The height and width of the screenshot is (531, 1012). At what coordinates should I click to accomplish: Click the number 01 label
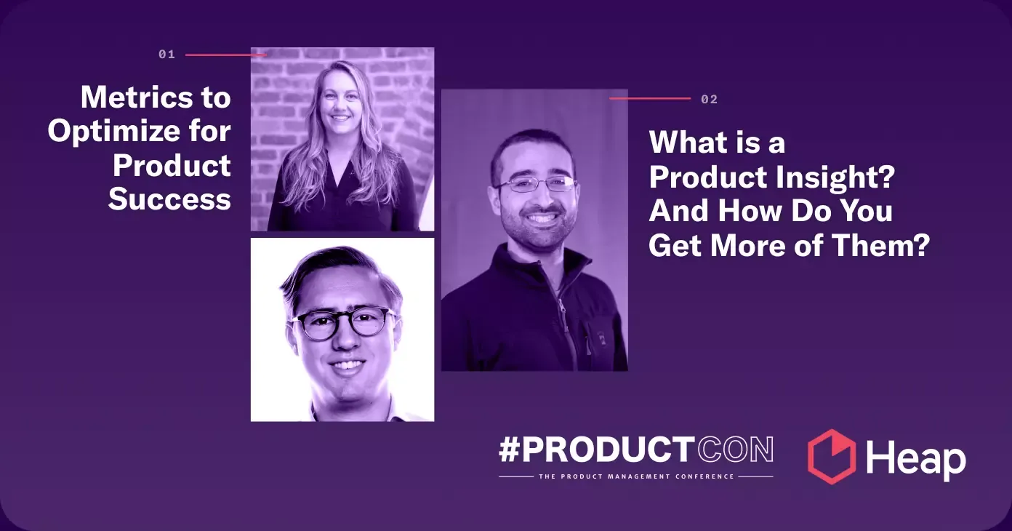pyautogui.click(x=166, y=55)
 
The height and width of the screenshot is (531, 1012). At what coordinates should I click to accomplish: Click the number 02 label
pyautogui.click(x=709, y=99)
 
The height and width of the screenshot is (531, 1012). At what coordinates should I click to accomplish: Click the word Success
pyautogui.click(x=169, y=199)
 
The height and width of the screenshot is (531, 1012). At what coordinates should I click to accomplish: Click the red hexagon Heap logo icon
pyautogui.click(x=832, y=457)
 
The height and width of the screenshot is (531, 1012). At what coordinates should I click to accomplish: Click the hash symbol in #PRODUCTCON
pyautogui.click(x=510, y=451)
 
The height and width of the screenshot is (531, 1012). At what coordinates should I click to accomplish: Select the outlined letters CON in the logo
pyautogui.click(x=735, y=451)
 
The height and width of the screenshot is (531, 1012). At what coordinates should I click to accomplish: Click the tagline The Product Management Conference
pyautogui.click(x=635, y=477)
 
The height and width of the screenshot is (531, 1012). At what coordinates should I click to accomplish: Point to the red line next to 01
pyautogui.click(x=225, y=55)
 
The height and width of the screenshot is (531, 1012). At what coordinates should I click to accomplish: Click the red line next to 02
pyautogui.click(x=649, y=98)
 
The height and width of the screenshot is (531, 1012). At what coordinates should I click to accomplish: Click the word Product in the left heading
pyautogui.click(x=172, y=165)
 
